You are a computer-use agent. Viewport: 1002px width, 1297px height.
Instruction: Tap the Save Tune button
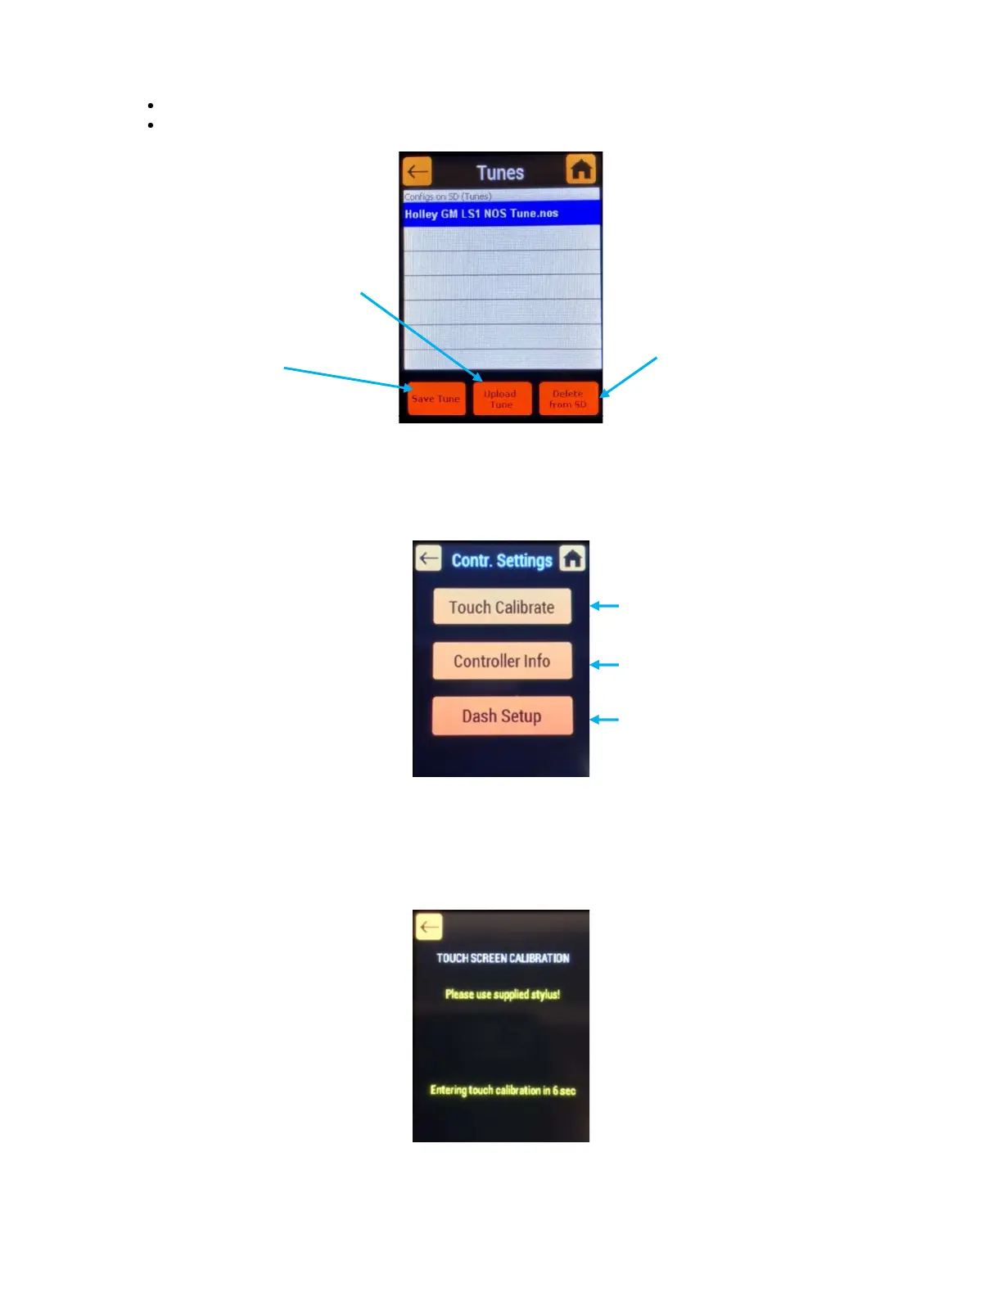436,399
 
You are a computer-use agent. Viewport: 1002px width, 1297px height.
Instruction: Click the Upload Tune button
502,399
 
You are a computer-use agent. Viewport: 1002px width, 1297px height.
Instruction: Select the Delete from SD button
568,399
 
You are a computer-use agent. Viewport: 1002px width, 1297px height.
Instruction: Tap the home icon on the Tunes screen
581,169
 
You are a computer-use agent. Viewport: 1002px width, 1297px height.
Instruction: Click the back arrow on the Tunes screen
417,172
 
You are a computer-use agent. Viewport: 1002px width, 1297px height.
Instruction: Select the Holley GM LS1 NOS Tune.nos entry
501,214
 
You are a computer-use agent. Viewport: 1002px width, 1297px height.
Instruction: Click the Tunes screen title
500,173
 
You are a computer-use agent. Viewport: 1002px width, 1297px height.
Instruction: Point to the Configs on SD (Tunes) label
448,197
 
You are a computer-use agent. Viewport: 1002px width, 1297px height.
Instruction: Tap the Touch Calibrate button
502,607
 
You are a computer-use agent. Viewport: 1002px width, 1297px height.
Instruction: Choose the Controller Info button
502,661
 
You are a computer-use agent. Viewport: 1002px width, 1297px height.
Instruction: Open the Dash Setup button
502,716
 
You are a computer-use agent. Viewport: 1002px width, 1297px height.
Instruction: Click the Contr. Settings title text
502,560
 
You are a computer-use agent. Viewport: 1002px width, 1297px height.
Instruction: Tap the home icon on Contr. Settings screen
573,558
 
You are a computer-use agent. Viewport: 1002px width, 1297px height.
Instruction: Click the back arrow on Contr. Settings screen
428,558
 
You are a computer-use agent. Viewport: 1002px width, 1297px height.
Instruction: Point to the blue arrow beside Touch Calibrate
605,606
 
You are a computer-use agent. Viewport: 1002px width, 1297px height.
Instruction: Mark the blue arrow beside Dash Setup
605,720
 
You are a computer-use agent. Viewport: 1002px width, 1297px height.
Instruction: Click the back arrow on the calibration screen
429,927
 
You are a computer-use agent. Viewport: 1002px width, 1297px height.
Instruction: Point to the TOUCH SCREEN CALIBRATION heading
503,958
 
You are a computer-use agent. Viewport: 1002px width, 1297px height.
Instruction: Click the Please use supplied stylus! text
503,994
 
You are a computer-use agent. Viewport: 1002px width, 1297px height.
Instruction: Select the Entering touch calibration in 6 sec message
503,1090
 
